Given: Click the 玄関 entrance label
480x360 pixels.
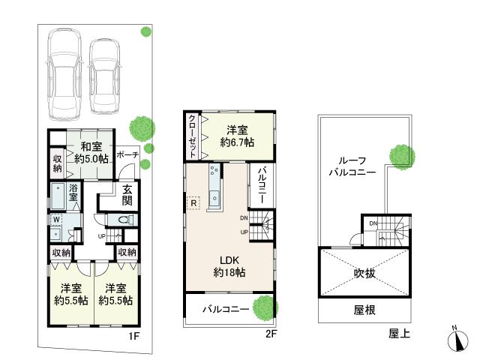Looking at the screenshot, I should point(128,196).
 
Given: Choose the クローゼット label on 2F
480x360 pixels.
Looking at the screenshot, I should point(193,134).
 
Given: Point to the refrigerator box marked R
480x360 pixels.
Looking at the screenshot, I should point(193,203).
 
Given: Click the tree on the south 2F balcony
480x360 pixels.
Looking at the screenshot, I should point(263,307).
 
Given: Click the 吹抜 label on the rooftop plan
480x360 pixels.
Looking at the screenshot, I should point(365,273).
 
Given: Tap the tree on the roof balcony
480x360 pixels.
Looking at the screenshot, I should point(400,155).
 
